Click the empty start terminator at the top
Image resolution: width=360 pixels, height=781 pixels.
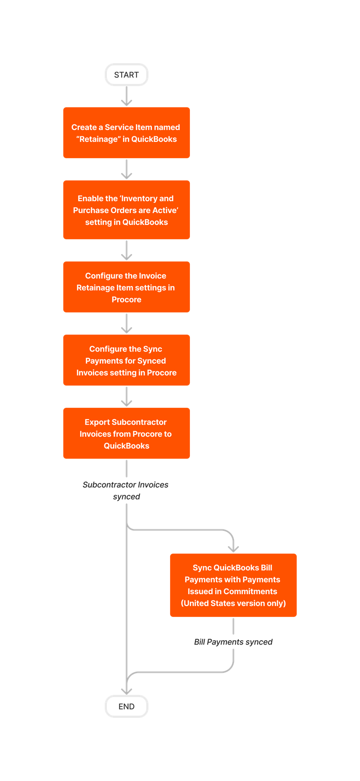pyautogui.click(x=127, y=75)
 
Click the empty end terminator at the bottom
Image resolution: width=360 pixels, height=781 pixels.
pyautogui.click(x=127, y=706)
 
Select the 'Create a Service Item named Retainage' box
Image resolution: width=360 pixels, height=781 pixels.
pyautogui.click(x=127, y=132)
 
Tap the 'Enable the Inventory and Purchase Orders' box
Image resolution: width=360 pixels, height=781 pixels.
pyautogui.click(x=127, y=210)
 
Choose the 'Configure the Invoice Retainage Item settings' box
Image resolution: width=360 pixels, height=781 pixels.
pyautogui.click(x=127, y=287)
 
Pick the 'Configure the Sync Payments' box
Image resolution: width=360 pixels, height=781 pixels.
pyautogui.click(x=127, y=360)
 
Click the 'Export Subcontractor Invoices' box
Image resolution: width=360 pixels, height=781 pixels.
pyautogui.click(x=127, y=433)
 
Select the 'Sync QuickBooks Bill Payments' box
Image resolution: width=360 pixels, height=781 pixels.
pyautogui.click(x=233, y=585)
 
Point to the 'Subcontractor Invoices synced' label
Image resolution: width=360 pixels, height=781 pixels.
pyautogui.click(x=126, y=490)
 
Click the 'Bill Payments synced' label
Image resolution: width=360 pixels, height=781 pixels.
pyautogui.click(x=233, y=642)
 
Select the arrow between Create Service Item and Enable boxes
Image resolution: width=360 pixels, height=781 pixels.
pyautogui.click(x=127, y=170)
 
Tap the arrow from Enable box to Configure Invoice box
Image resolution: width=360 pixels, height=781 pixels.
pyautogui.click(x=127, y=251)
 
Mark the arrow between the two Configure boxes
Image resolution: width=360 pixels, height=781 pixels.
pyautogui.click(x=127, y=324)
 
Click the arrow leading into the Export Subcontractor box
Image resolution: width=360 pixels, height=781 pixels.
pyautogui.click(x=127, y=397)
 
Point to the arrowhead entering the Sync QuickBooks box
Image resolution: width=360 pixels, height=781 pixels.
pyautogui.click(x=233, y=548)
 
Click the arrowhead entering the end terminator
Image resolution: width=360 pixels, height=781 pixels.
pyautogui.click(x=127, y=691)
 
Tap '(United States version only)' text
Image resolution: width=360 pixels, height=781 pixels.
pyautogui.click(x=233, y=603)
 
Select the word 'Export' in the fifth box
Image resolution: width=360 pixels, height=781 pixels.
pyautogui.click(x=97, y=422)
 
